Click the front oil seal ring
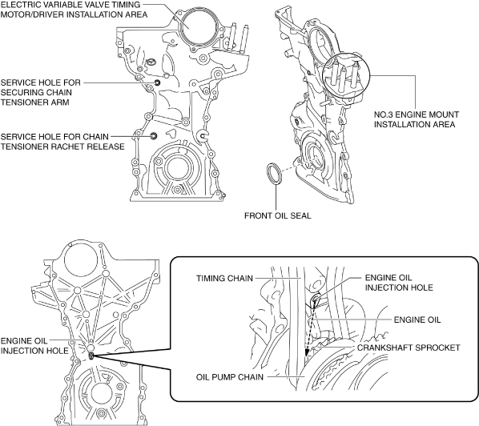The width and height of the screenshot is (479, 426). click(x=268, y=174)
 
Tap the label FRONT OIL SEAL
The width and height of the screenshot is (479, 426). click(x=278, y=215)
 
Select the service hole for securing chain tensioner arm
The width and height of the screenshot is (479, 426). click(x=157, y=82)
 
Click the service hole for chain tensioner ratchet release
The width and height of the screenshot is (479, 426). click(x=154, y=136)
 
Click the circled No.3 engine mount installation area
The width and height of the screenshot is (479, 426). click(x=346, y=75)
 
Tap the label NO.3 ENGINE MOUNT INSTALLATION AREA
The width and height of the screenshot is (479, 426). click(x=417, y=119)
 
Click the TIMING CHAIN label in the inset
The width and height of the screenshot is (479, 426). click(x=224, y=278)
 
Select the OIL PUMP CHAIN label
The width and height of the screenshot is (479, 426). click(x=230, y=377)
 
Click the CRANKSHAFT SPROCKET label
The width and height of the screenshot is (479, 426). click(x=409, y=348)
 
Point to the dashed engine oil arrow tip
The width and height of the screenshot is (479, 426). click(x=307, y=354)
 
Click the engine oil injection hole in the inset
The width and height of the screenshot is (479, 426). click(x=315, y=300)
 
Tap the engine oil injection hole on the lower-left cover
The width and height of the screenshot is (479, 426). click(x=91, y=356)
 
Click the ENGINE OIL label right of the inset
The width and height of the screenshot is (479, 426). click(x=417, y=319)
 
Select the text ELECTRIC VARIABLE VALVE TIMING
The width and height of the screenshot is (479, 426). click(x=70, y=5)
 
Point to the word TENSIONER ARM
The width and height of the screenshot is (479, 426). click(x=34, y=102)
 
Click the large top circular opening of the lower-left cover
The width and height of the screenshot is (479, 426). click(x=82, y=260)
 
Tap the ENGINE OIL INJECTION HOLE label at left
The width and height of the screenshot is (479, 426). click(x=34, y=346)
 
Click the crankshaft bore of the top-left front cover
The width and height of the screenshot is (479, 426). click(x=179, y=168)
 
